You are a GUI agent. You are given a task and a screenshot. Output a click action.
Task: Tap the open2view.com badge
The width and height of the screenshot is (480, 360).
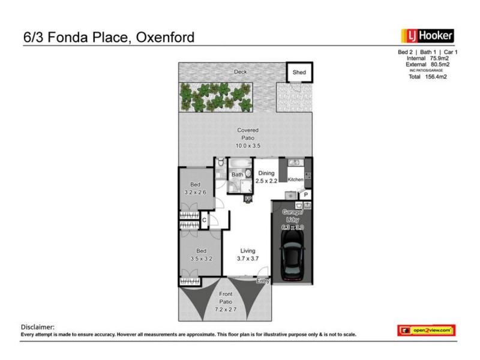point(427,330)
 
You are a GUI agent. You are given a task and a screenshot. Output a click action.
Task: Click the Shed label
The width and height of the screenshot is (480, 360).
point(299,73)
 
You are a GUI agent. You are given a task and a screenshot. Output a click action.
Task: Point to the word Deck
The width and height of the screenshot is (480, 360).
point(241,73)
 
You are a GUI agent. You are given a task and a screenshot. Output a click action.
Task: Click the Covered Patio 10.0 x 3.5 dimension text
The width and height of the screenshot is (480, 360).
point(248,145)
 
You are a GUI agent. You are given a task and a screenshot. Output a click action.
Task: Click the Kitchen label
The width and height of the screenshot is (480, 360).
point(296,180)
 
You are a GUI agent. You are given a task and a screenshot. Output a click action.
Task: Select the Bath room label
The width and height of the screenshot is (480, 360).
point(237,175)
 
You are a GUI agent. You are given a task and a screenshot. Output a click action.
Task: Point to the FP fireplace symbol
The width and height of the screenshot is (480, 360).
point(247,199)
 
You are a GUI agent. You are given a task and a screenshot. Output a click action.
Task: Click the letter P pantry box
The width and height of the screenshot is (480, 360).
point(305,195)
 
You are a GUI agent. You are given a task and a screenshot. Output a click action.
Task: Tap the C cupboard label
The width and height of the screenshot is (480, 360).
point(204,220)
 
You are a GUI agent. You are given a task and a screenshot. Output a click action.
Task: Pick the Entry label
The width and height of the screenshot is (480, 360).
point(262,280)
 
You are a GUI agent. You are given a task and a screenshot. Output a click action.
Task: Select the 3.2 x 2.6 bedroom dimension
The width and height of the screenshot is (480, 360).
point(195,192)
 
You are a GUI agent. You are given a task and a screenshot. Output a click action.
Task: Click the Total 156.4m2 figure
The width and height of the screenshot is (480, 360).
point(428,77)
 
